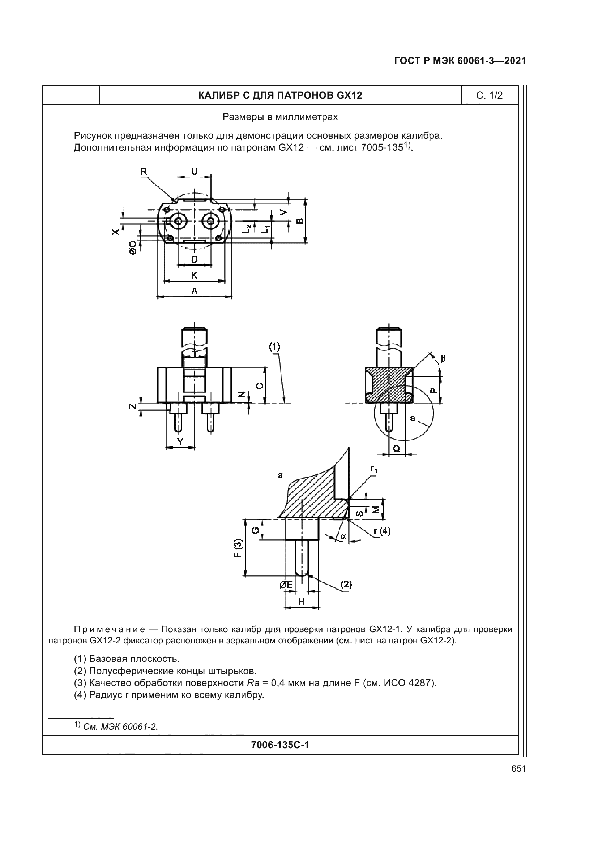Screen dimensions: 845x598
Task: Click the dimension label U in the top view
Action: (x=194, y=172)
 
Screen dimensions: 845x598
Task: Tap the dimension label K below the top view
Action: (x=194, y=275)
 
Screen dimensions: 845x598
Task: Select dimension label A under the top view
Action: (x=194, y=291)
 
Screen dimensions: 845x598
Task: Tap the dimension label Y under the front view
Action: (x=180, y=441)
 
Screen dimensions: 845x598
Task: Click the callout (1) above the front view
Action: (x=274, y=346)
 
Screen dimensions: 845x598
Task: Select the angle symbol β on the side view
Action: (x=443, y=358)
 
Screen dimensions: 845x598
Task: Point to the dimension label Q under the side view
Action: (x=397, y=448)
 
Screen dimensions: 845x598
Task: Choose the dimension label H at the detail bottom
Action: (x=302, y=602)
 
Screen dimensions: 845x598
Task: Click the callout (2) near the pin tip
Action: (x=346, y=584)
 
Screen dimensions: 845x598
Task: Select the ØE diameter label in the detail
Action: (x=286, y=585)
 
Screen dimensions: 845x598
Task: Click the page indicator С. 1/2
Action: (x=489, y=96)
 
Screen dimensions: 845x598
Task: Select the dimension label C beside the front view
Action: (x=260, y=386)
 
